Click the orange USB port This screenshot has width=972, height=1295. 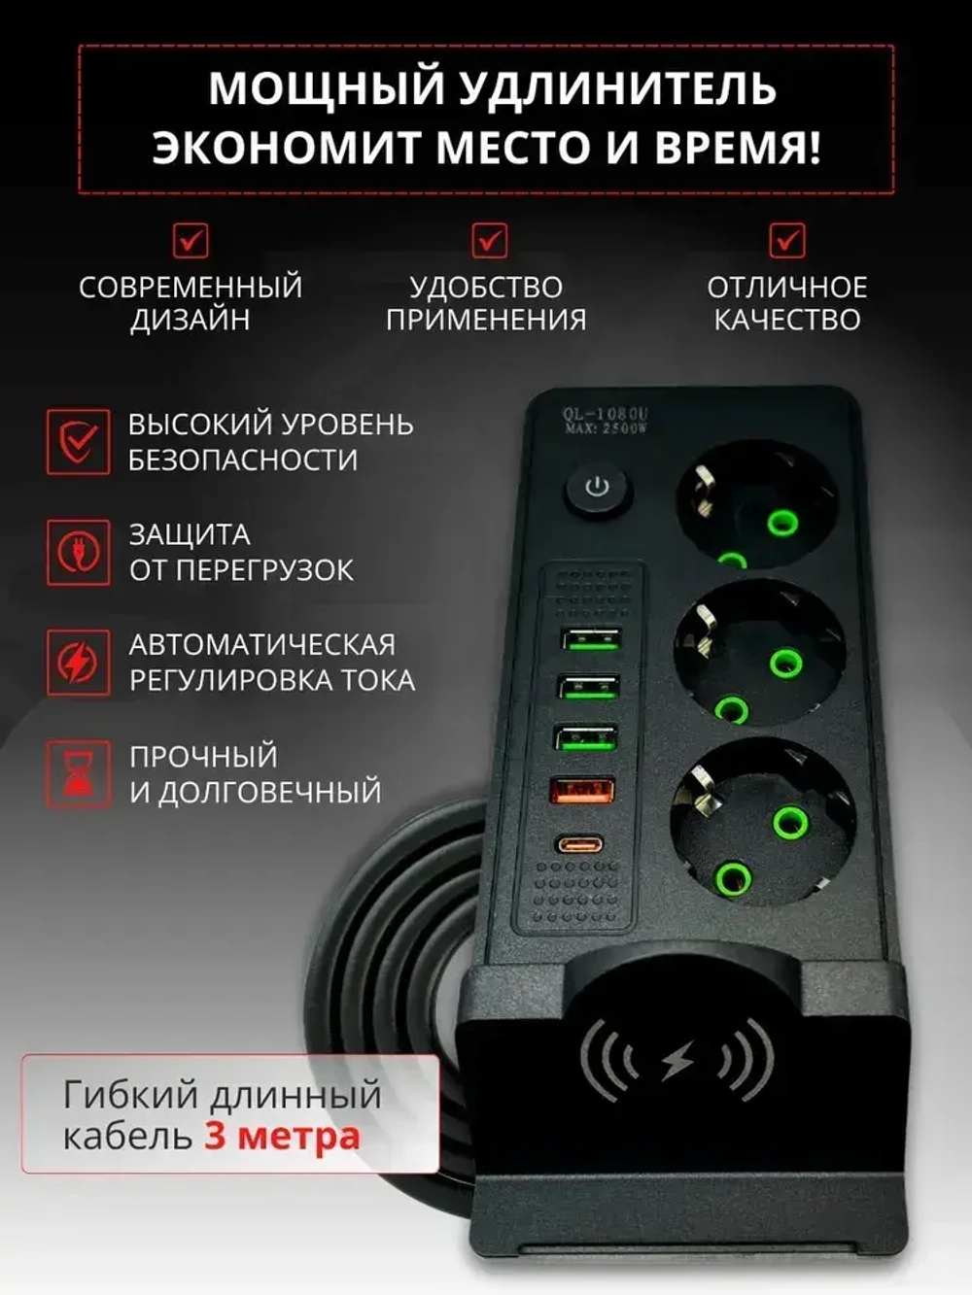pyautogui.click(x=582, y=790)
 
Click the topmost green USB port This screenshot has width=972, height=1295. pyautogui.click(x=590, y=639)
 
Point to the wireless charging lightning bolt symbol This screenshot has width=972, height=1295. pyautogui.click(x=677, y=1062)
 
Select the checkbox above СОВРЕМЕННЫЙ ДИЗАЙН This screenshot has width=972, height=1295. pyautogui.click(x=191, y=240)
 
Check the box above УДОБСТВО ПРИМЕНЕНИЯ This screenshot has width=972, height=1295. pyautogui.click(x=489, y=240)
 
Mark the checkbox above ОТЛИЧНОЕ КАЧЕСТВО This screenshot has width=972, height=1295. pyautogui.click(x=787, y=240)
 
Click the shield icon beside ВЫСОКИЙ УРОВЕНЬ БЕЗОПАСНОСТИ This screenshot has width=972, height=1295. pyautogui.click(x=79, y=442)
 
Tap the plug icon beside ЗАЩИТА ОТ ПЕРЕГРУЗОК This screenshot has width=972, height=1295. pyautogui.click(x=79, y=552)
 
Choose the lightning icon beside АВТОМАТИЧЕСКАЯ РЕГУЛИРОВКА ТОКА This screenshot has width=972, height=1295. pyautogui.click(x=79, y=663)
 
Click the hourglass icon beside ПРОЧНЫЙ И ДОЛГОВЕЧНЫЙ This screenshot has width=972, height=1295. pyautogui.click(x=79, y=773)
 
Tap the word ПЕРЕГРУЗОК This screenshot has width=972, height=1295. pyautogui.click(x=265, y=570)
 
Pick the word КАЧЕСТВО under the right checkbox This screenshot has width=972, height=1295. pyautogui.click(x=787, y=320)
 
